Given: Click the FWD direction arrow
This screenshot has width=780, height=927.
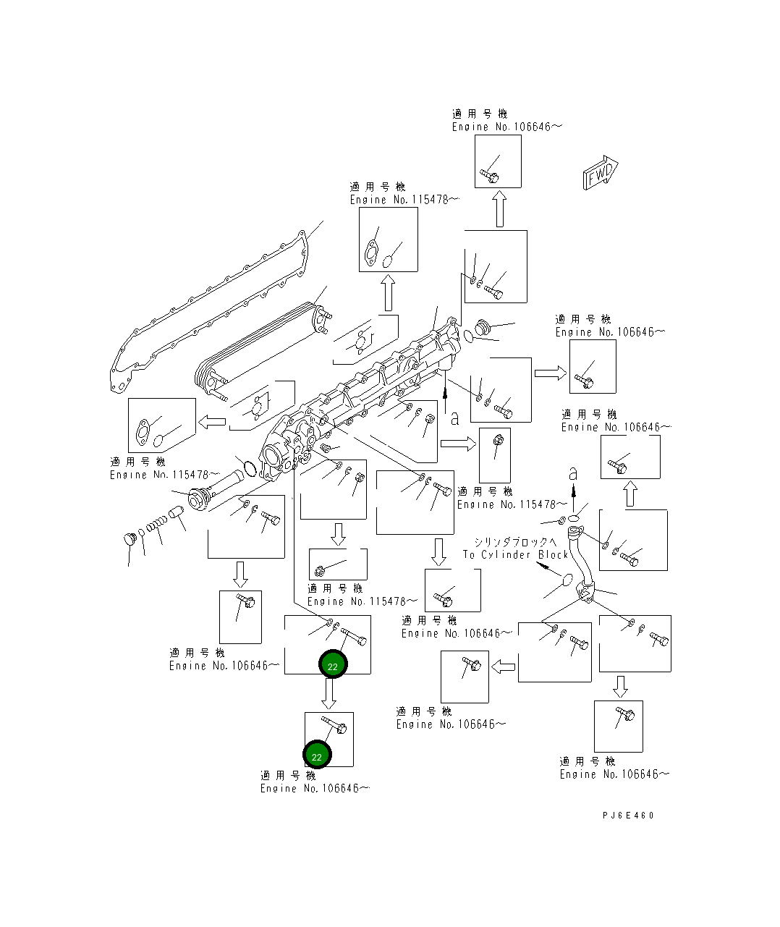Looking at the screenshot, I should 600,173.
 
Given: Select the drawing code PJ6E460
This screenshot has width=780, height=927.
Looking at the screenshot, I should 627,815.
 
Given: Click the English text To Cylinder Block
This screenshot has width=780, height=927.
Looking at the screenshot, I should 515,554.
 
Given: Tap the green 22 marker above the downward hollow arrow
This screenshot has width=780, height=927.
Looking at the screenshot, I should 333,665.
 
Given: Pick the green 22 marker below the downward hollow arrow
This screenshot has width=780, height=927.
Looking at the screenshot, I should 317,755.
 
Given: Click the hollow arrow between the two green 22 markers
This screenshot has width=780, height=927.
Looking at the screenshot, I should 329,694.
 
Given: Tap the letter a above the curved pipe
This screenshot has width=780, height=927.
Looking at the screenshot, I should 573,474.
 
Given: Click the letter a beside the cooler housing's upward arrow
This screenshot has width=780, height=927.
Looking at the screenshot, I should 454,418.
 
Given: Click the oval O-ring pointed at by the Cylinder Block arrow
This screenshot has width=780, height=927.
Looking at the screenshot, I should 568,580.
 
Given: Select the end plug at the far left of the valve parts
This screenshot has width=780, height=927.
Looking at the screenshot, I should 130,539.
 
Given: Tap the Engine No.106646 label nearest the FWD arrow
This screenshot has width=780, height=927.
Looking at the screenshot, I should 506,127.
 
